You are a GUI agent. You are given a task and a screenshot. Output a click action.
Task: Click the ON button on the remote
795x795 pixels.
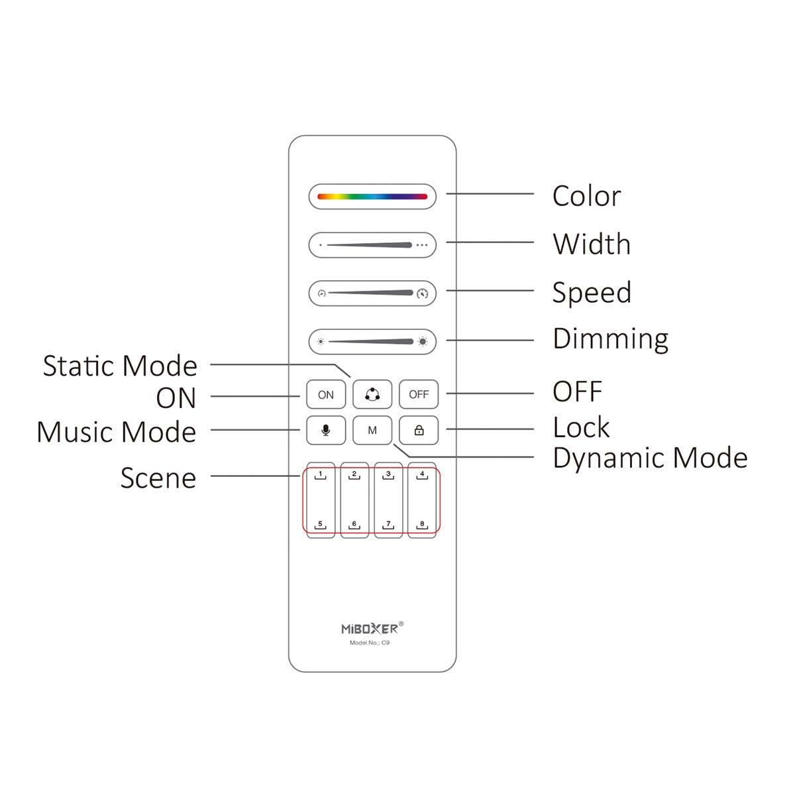(x=325, y=394)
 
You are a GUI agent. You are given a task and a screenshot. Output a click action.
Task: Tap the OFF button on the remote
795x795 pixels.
(x=418, y=394)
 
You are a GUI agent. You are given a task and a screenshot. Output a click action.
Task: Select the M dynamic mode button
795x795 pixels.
(x=372, y=430)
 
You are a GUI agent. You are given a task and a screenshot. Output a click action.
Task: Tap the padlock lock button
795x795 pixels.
(x=418, y=430)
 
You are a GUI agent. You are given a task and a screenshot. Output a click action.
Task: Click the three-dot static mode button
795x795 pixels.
(x=372, y=394)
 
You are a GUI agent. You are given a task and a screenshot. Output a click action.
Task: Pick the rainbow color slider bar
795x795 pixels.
(x=372, y=196)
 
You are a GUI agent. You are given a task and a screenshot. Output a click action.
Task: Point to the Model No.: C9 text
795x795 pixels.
(x=370, y=643)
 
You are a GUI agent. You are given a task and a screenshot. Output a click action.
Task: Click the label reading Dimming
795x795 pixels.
(x=610, y=339)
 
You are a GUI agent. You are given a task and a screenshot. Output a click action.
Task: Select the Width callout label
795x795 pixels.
(x=592, y=244)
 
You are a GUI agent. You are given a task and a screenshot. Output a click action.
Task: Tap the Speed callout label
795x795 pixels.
(x=592, y=293)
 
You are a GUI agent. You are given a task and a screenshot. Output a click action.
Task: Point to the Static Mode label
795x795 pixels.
(x=120, y=366)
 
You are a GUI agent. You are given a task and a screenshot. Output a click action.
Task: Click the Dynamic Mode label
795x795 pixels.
(x=650, y=458)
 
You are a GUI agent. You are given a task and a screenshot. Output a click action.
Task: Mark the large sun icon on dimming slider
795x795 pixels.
(x=423, y=342)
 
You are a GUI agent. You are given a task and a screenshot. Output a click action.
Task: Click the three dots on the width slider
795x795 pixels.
(x=421, y=245)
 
